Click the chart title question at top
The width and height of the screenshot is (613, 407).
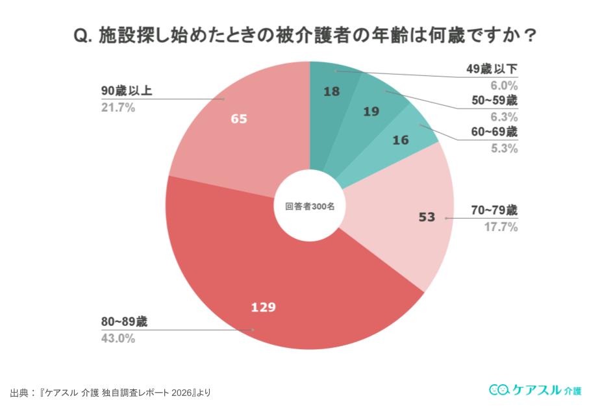coord(306,36)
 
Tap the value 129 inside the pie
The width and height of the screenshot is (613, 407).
coord(264,306)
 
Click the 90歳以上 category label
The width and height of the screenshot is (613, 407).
coord(127,91)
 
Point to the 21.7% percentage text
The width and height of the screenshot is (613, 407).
coord(118,108)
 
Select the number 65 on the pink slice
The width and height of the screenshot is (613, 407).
coord(239,119)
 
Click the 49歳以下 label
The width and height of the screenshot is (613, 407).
coord(492,69)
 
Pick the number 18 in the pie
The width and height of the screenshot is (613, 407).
coord(331,92)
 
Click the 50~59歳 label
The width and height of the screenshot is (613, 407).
coord(494,101)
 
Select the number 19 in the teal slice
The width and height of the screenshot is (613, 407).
coord(371,112)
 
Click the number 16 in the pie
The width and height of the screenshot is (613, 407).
coord(400,139)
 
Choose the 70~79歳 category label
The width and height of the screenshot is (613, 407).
coord(494,210)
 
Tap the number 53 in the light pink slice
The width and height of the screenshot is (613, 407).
coord(427,217)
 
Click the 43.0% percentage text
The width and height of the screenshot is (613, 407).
coord(118,338)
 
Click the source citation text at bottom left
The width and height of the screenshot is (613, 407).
coord(111,393)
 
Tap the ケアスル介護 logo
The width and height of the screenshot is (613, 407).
coord(535,389)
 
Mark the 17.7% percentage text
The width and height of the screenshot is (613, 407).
coord(501,227)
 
